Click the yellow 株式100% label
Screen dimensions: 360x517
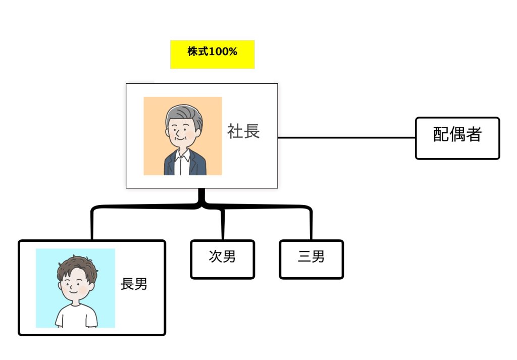coord(212,54)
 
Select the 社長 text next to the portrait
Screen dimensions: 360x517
coord(243,131)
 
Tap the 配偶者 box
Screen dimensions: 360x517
coord(457,138)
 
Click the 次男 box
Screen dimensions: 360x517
coord(222,259)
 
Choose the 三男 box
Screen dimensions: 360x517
coord(311,259)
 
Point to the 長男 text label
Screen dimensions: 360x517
coord(134,284)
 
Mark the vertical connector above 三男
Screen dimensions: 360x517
coord(311,225)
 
